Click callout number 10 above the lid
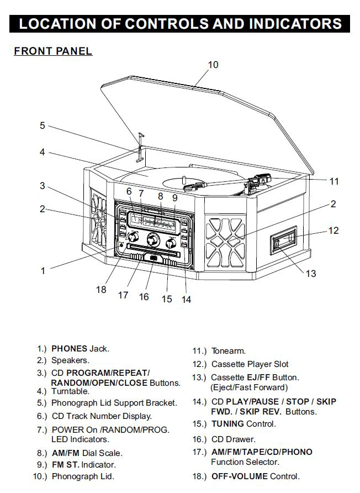(x=213, y=65)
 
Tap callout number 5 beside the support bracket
(x=42, y=125)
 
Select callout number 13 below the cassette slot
(x=311, y=272)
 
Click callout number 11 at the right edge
(x=334, y=181)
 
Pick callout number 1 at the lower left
(x=43, y=271)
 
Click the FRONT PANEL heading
(x=53, y=51)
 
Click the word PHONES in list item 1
(x=69, y=349)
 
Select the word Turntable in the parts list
(x=70, y=391)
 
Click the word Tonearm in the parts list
(x=228, y=351)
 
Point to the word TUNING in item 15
(x=227, y=424)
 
